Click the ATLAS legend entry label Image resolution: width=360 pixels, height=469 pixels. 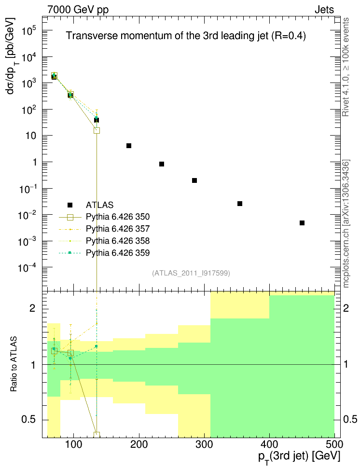click(x=99, y=205)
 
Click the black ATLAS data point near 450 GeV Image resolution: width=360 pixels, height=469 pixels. click(x=302, y=223)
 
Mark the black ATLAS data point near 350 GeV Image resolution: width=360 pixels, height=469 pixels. click(x=240, y=204)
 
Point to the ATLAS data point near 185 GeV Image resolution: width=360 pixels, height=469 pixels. click(x=129, y=146)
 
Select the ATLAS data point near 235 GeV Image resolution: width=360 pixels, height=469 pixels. click(x=162, y=164)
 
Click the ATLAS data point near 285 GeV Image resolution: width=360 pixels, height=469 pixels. click(x=194, y=180)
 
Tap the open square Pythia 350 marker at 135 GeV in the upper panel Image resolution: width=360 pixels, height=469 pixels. click(x=97, y=130)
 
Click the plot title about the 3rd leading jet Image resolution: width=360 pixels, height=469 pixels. click(x=186, y=36)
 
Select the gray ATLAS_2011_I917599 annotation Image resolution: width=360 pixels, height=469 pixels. click(x=191, y=273)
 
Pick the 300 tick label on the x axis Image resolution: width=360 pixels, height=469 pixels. click(x=204, y=443)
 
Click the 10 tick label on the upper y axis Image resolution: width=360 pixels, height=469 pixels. click(x=31, y=136)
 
